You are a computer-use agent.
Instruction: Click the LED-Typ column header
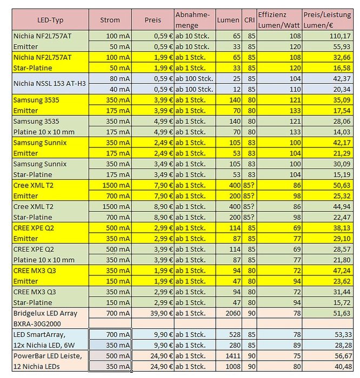point(50,20)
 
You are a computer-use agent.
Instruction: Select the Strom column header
point(110,20)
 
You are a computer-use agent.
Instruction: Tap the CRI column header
point(249,20)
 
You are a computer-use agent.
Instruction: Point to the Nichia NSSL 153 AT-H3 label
point(50,84)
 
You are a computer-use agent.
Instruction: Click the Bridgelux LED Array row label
point(45,313)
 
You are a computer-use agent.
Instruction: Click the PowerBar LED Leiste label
point(48,356)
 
